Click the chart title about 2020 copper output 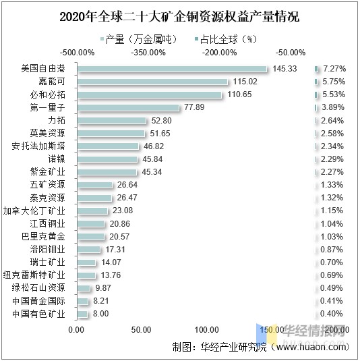point(179,17)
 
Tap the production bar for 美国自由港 point(173,69)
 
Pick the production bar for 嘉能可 point(153,82)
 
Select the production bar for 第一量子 point(128,107)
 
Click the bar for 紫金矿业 point(107,171)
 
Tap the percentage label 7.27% point(334,69)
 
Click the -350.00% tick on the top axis point(148,52)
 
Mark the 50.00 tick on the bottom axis point(141,329)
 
